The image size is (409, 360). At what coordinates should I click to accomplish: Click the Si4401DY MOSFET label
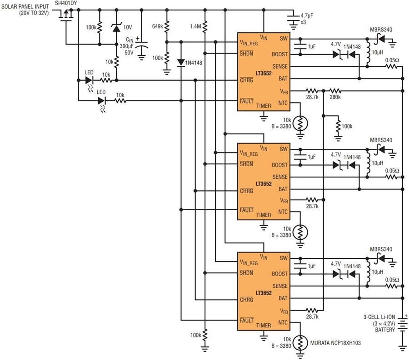pyautogui.click(x=66, y=3)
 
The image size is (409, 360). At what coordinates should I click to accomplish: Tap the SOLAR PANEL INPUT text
pyautogui.click(x=25, y=6)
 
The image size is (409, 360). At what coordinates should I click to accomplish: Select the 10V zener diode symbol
pyautogui.click(x=116, y=27)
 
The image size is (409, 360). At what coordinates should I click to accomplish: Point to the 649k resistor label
pyautogui.click(x=158, y=26)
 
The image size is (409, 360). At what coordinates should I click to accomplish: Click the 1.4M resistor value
pyautogui.click(x=195, y=26)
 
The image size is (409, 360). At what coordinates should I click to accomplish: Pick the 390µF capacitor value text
pyautogui.click(x=126, y=46)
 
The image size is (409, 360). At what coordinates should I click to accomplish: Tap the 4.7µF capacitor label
pyautogui.click(x=307, y=15)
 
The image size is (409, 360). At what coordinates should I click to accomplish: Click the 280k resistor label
pyautogui.click(x=335, y=97)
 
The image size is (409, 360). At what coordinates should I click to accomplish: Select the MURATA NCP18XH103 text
pyautogui.click(x=335, y=343)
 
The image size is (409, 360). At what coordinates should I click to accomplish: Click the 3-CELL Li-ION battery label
pyautogui.click(x=379, y=317)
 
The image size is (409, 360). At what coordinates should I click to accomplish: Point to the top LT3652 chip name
pyautogui.click(x=264, y=73)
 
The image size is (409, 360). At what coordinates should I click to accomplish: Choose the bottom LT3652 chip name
pyautogui.click(x=264, y=293)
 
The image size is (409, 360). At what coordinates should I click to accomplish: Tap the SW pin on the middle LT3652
pyautogui.click(x=284, y=149)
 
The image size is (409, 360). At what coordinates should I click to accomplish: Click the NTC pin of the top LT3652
pyautogui.click(x=283, y=103)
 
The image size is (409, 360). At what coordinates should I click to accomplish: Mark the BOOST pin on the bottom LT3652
pyautogui.click(x=279, y=274)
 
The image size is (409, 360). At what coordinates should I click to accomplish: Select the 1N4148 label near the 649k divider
pyautogui.click(x=194, y=63)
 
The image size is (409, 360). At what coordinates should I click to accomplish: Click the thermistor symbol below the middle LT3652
pyautogui.click(x=300, y=232)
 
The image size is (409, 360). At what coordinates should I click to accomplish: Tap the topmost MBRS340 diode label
pyautogui.click(x=381, y=30)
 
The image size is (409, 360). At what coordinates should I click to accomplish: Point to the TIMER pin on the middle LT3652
pyautogui.click(x=264, y=215)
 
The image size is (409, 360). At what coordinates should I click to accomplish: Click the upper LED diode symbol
pyautogui.click(x=89, y=80)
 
